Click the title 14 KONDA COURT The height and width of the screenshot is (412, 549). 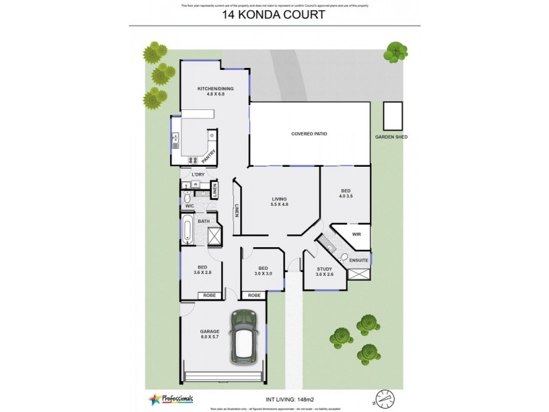(274, 14)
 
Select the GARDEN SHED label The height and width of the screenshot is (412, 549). (391, 137)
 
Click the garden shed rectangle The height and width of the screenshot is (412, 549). (393, 116)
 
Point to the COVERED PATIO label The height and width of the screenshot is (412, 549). (309, 133)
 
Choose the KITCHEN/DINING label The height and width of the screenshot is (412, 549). (211, 89)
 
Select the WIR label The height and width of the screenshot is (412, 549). (356, 235)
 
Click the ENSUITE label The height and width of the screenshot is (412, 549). (359, 261)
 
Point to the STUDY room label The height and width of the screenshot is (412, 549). (325, 269)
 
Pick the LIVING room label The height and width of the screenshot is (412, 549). (279, 199)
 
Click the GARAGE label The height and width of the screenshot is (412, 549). (209, 332)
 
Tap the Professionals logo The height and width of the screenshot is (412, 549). (171, 398)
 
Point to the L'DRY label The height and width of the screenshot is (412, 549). (198, 174)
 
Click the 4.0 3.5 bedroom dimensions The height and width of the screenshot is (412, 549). (346, 196)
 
